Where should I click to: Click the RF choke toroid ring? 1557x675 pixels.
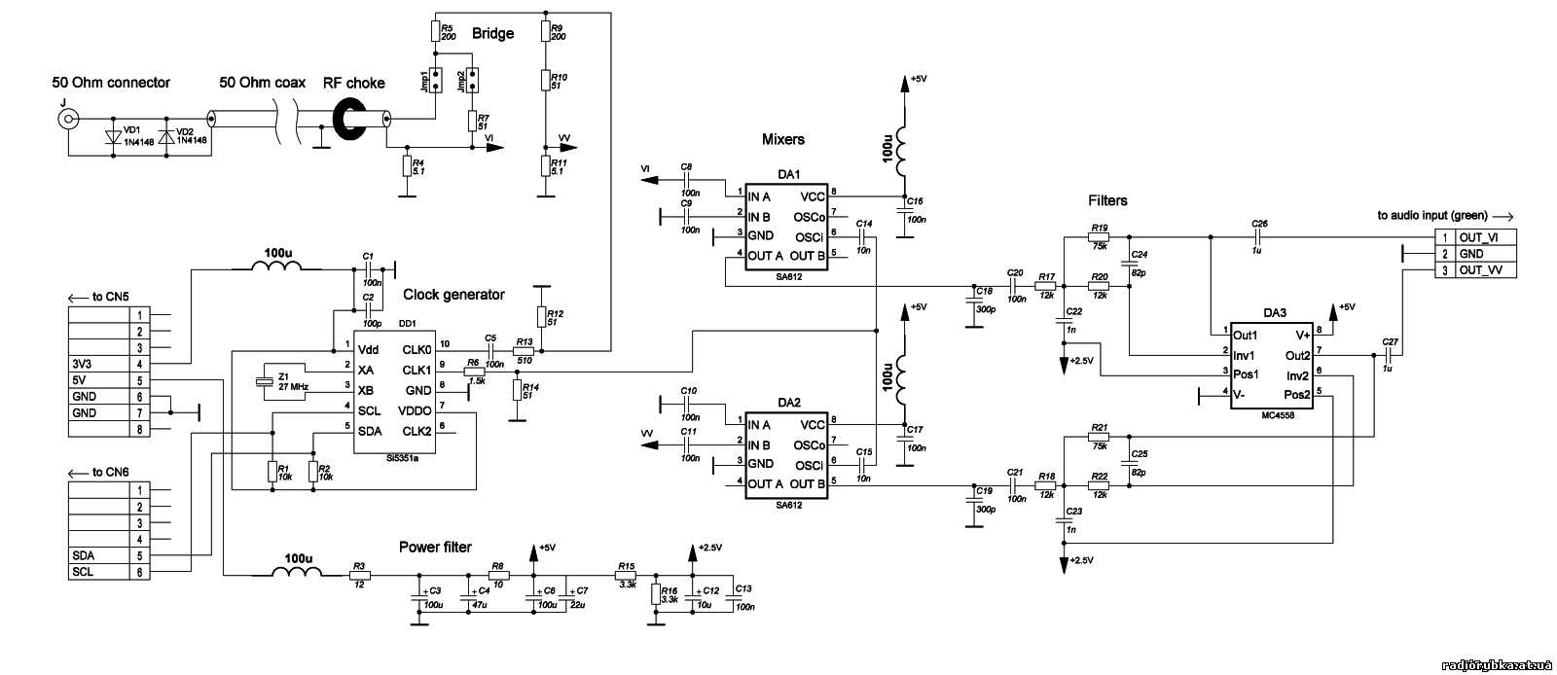pyautogui.click(x=353, y=119)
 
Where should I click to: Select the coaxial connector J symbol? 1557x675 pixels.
pyautogui.click(x=67, y=120)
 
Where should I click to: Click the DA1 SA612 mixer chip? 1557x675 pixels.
pyautogui.click(x=787, y=226)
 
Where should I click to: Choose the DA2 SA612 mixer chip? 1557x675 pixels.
pyautogui.click(x=787, y=454)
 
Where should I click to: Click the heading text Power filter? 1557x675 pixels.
pyautogui.click(x=435, y=547)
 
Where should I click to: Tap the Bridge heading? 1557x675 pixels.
pyautogui.click(x=492, y=34)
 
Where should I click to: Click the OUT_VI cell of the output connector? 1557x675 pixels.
pyautogui.click(x=1484, y=237)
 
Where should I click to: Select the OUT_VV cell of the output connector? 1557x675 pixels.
pyautogui.click(x=1484, y=270)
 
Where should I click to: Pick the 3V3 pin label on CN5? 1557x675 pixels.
pyautogui.click(x=83, y=364)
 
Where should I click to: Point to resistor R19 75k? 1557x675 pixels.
pyautogui.click(x=1100, y=236)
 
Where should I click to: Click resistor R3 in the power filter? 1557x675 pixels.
pyautogui.click(x=359, y=576)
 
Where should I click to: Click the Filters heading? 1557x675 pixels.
pyautogui.click(x=1107, y=200)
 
